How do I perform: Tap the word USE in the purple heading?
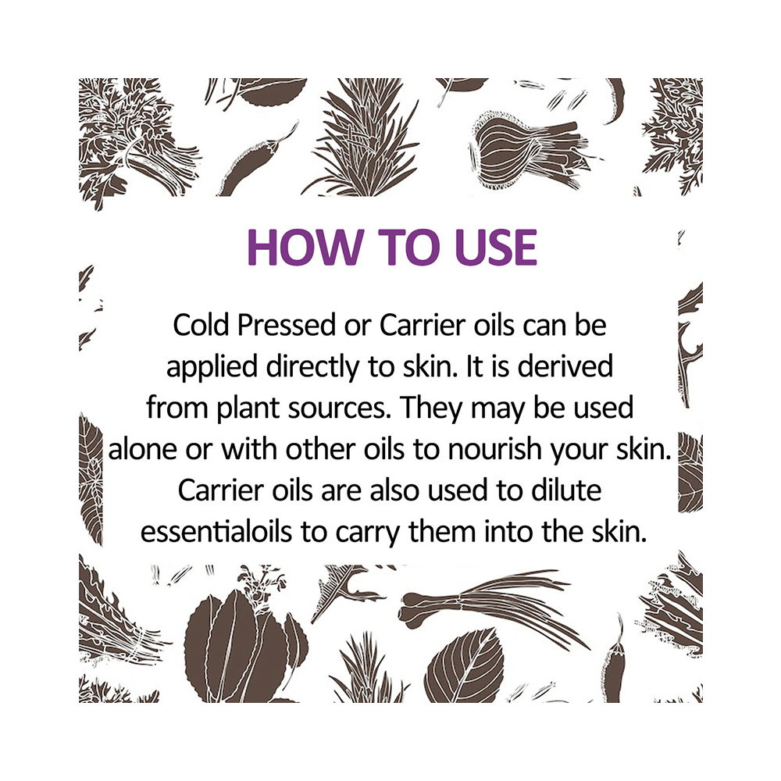496,247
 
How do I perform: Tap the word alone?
143,450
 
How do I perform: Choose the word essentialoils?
216,532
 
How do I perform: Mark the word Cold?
201,326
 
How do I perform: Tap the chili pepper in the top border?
262,155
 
